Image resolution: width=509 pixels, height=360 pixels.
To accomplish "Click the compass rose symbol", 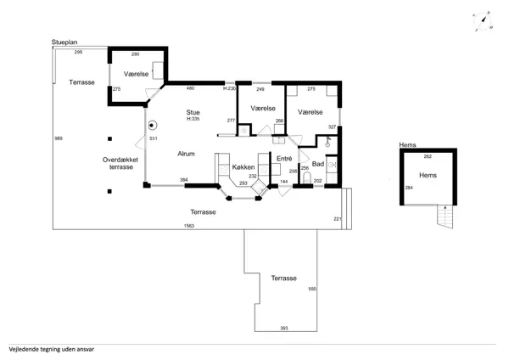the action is coord(483,20).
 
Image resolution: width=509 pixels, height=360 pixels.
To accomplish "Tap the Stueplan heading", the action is coord(64,42).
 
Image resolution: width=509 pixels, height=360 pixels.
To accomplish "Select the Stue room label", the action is coord(193,112).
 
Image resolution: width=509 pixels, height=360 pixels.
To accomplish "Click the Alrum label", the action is coord(186,154).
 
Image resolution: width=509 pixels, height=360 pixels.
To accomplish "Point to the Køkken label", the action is coord(243,167).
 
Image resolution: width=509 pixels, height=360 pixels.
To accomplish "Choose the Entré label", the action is coord(284,159).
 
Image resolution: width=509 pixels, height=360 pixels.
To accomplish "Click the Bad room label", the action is coord(318,164).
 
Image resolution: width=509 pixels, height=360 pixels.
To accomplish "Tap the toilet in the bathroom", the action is coord(307,178).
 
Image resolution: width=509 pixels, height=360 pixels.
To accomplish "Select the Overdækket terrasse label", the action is coord(120,163).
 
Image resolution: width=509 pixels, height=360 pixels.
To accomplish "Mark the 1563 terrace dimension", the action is coord(189,226).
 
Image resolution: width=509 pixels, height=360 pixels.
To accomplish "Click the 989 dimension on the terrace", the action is coord(59,138).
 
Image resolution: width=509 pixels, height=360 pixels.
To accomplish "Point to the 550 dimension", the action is coord(312,289).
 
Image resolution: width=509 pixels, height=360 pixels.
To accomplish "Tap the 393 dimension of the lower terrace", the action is coord(284,329).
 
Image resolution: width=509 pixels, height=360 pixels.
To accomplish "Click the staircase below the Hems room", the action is coord(445,216).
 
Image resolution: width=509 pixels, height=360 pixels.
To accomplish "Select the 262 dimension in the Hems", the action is coord(428,156).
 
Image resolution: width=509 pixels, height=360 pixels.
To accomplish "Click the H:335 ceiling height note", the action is coord(193,119).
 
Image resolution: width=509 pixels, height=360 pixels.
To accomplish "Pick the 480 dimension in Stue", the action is coord(190,88).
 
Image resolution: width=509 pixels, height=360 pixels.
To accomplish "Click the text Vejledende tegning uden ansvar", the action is coord(52,350).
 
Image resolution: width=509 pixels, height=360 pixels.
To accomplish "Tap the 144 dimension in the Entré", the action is coord(284,182).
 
